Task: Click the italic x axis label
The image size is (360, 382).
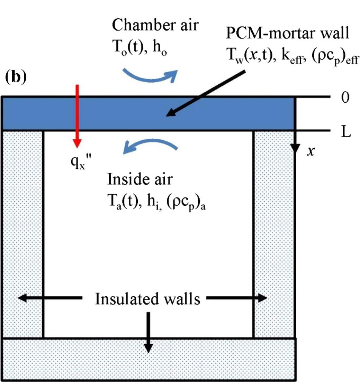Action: (310, 151)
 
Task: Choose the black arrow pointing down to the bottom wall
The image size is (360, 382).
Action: (148, 332)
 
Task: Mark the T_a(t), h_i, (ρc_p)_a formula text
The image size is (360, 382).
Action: (156, 201)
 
